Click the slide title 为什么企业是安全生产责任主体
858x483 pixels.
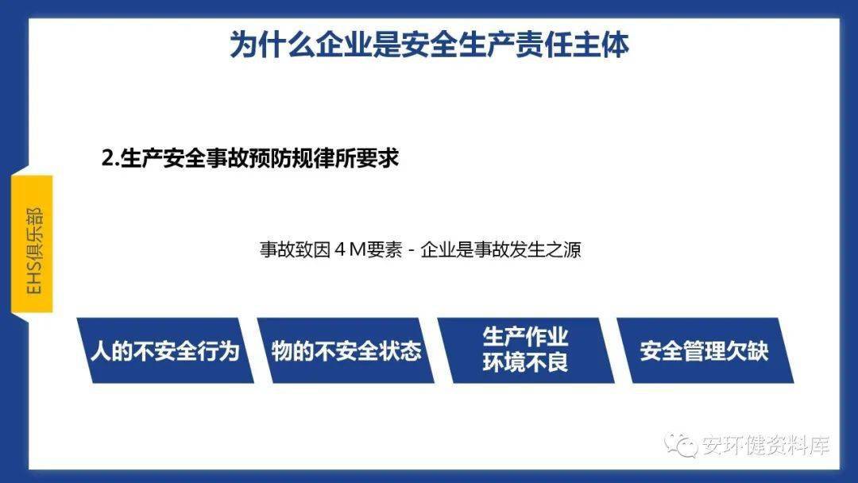429,44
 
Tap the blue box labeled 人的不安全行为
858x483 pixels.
165,350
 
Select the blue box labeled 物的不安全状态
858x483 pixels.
346,350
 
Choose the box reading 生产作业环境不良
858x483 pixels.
526,350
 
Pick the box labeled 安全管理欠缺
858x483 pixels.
705,350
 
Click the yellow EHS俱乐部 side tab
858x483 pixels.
33,245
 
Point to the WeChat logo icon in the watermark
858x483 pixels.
680,445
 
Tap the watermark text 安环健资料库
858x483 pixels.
766,445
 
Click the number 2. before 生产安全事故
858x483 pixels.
110,159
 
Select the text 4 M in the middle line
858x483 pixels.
349,250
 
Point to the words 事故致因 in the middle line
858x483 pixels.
295,250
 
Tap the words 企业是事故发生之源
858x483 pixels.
500,250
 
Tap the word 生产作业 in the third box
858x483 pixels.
525,337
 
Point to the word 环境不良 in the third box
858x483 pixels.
525,363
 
